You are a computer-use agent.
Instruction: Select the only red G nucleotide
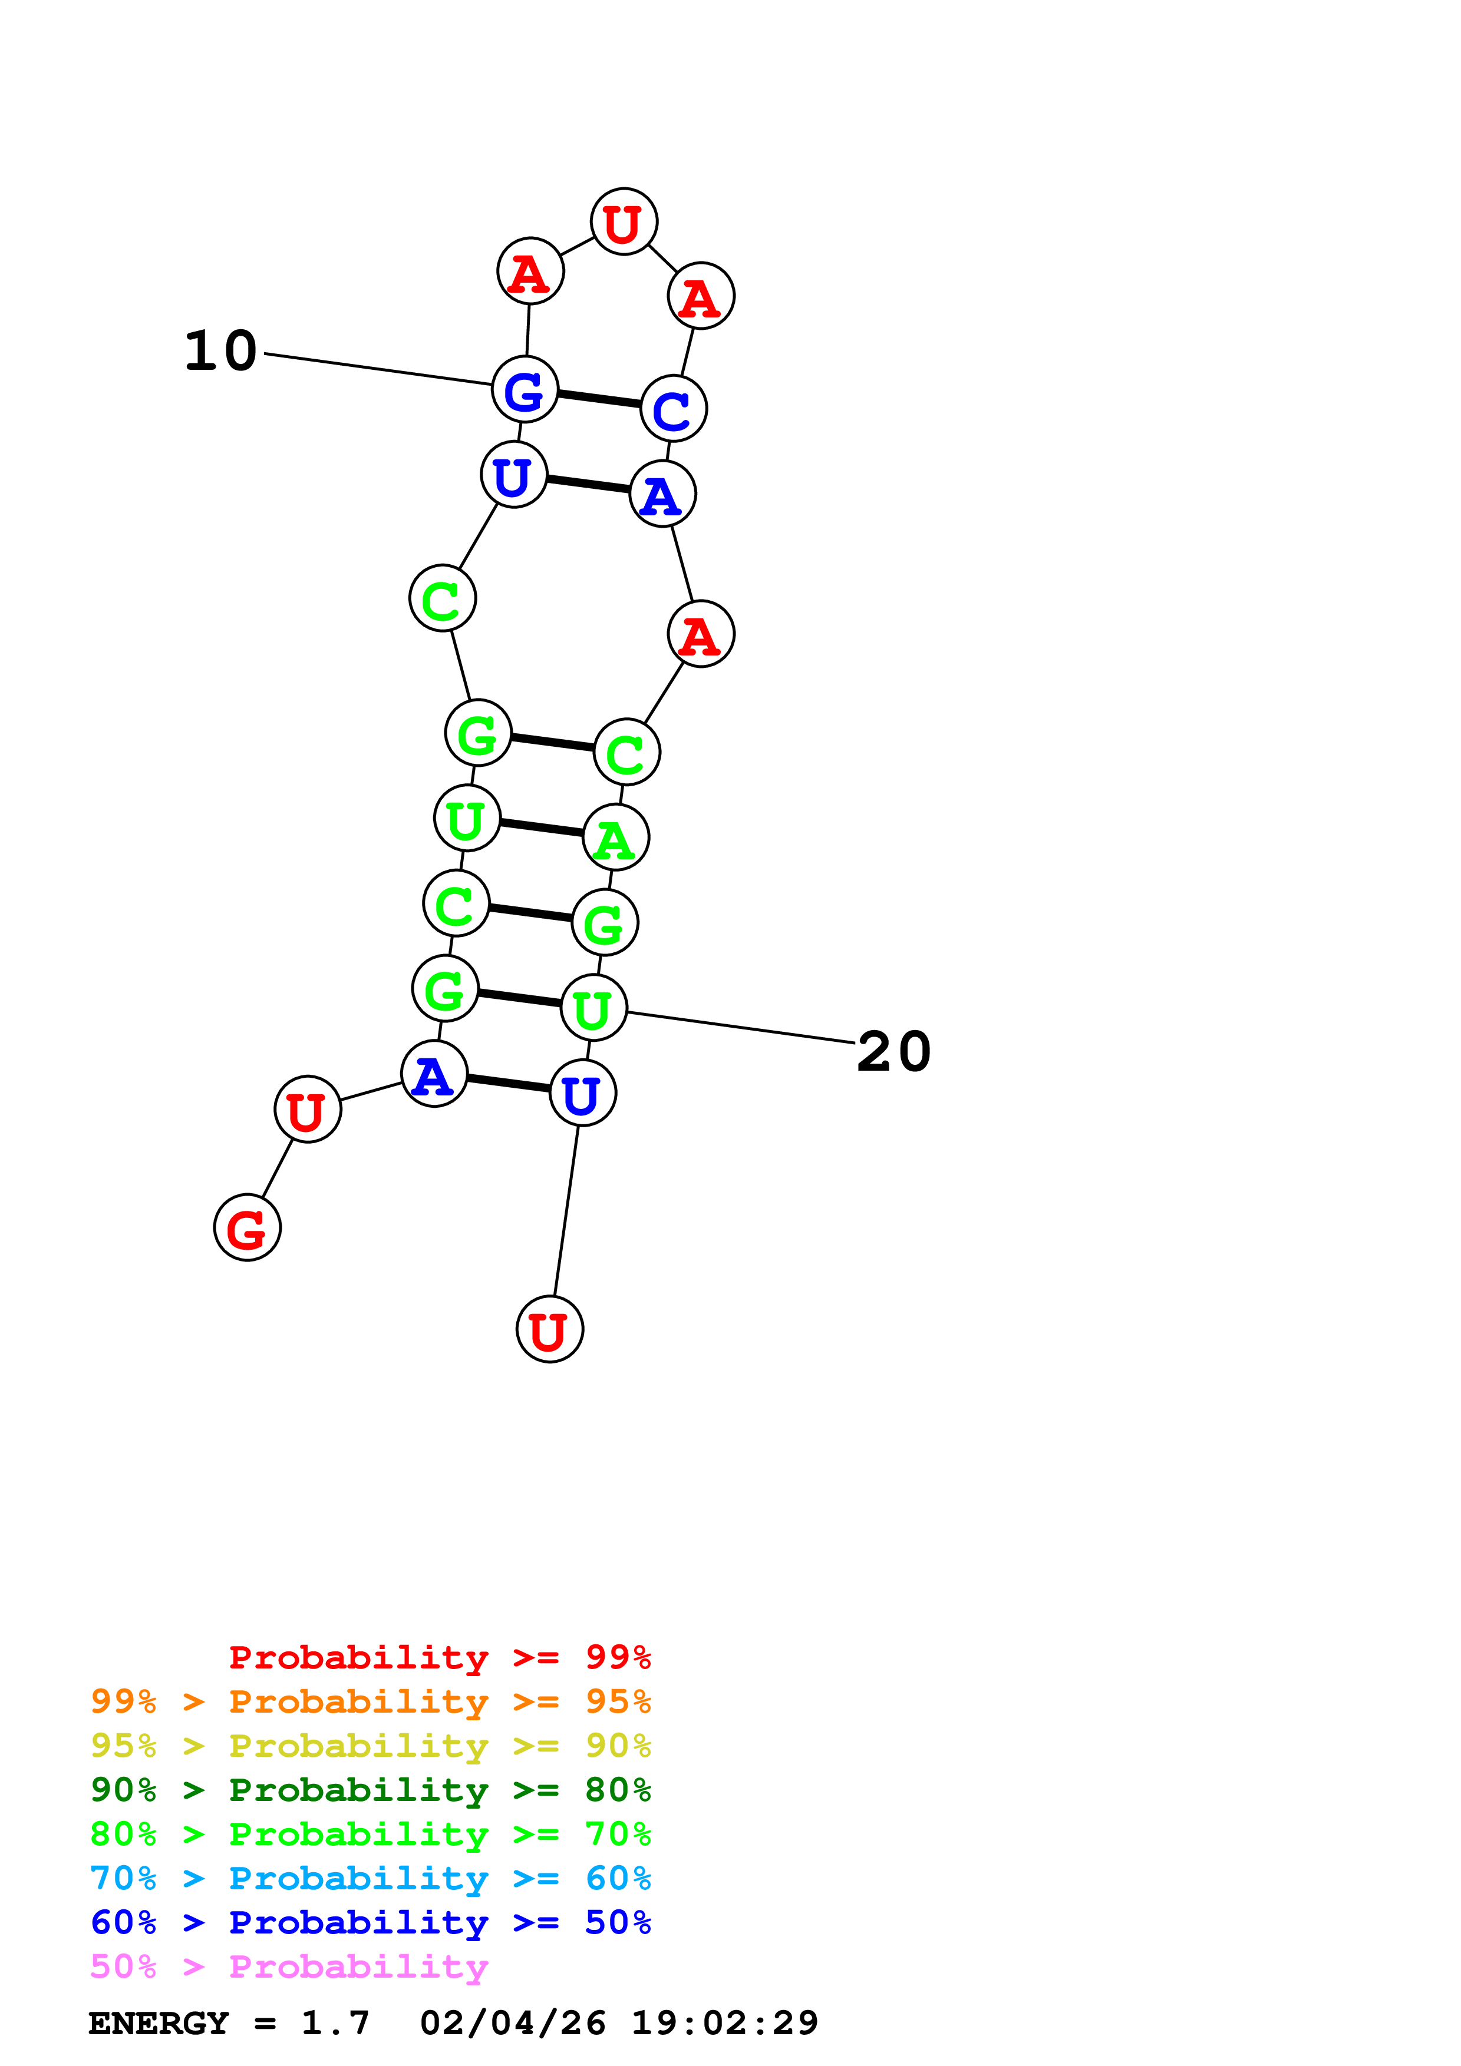pyautogui.click(x=248, y=1227)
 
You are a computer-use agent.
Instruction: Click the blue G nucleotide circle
pyautogui.click(x=525, y=389)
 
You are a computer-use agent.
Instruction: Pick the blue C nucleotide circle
pyautogui.click(x=674, y=409)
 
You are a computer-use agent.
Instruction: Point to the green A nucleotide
pyautogui.click(x=616, y=837)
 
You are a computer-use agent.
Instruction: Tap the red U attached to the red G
pyautogui.click(x=308, y=1110)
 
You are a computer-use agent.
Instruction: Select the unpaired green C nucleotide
pyautogui.click(x=442, y=598)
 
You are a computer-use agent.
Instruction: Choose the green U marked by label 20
pyautogui.click(x=593, y=1008)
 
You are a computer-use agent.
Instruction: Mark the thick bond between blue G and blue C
pyautogui.click(x=599, y=399)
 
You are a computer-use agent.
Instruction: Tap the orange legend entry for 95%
pyautogui.click(x=370, y=1701)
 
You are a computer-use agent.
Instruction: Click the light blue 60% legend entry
pyautogui.click(x=370, y=1878)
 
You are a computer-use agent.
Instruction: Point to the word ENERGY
pyautogui.click(x=159, y=2023)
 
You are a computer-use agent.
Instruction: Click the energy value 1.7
pyautogui.click(x=335, y=2023)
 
